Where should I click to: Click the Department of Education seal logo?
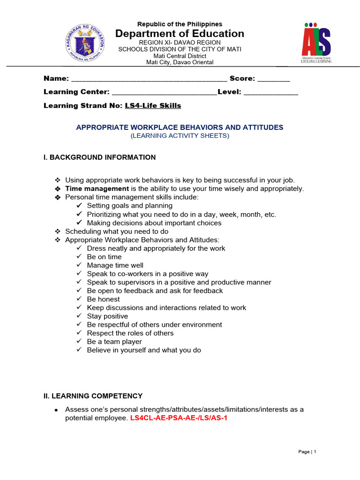[84, 44]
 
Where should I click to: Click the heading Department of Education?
[180, 33]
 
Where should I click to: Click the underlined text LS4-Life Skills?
[153, 105]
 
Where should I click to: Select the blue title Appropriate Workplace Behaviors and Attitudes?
[180, 127]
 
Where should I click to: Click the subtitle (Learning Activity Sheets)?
[180, 136]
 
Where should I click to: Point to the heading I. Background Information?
[99, 157]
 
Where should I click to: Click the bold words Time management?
[97, 188]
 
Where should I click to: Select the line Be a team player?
[114, 342]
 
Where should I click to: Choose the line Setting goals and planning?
[129, 206]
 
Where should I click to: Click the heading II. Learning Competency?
[93, 396]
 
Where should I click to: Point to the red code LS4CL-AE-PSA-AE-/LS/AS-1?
[179, 418]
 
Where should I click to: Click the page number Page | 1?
[307, 452]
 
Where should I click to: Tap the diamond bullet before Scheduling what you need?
[58, 232]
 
